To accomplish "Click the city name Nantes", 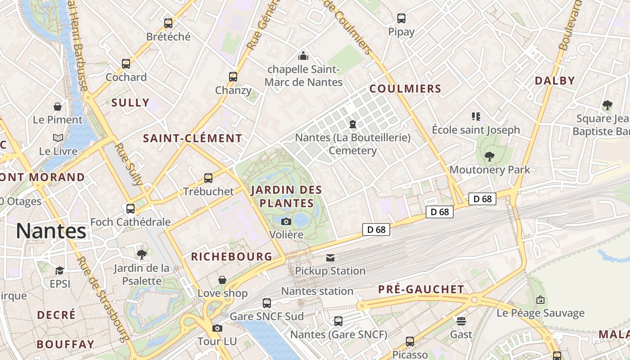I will pyautogui.click(x=51, y=231).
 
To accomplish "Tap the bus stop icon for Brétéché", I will pyautogui.click(x=168, y=23).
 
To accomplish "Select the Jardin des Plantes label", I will pyautogui.click(x=282, y=196).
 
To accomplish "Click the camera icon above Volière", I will pyautogui.click(x=286, y=221).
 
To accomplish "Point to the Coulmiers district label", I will pyautogui.click(x=405, y=89).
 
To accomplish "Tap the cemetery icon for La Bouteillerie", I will pyautogui.click(x=353, y=124).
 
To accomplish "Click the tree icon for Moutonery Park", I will pyautogui.click(x=490, y=157).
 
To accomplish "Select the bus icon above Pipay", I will pyautogui.click(x=401, y=18).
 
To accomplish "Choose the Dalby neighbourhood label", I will pyautogui.click(x=555, y=81).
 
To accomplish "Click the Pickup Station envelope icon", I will pyautogui.click(x=330, y=258).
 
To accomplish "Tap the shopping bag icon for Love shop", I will pyautogui.click(x=222, y=280).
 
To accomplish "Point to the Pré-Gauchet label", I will pyautogui.click(x=421, y=289).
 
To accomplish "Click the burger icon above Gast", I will pyautogui.click(x=461, y=321).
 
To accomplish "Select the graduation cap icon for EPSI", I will pyautogui.click(x=59, y=270).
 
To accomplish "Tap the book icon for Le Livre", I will pyautogui.click(x=58, y=138).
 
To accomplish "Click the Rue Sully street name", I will pyautogui.click(x=128, y=165).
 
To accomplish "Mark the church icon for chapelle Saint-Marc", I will pyautogui.click(x=304, y=56).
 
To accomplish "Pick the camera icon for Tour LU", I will pyautogui.click(x=217, y=328).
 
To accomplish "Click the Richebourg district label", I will pyautogui.click(x=232, y=257).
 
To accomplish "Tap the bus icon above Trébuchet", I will pyautogui.click(x=208, y=178).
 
